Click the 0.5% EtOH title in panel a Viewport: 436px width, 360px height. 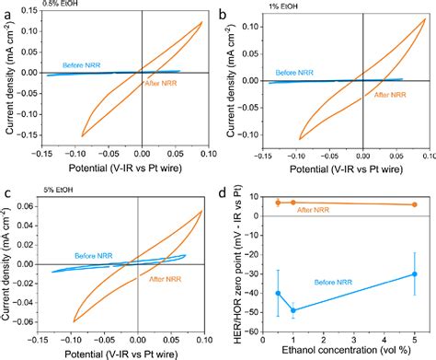tap(36, 6)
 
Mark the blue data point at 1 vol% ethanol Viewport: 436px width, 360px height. tap(293, 310)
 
